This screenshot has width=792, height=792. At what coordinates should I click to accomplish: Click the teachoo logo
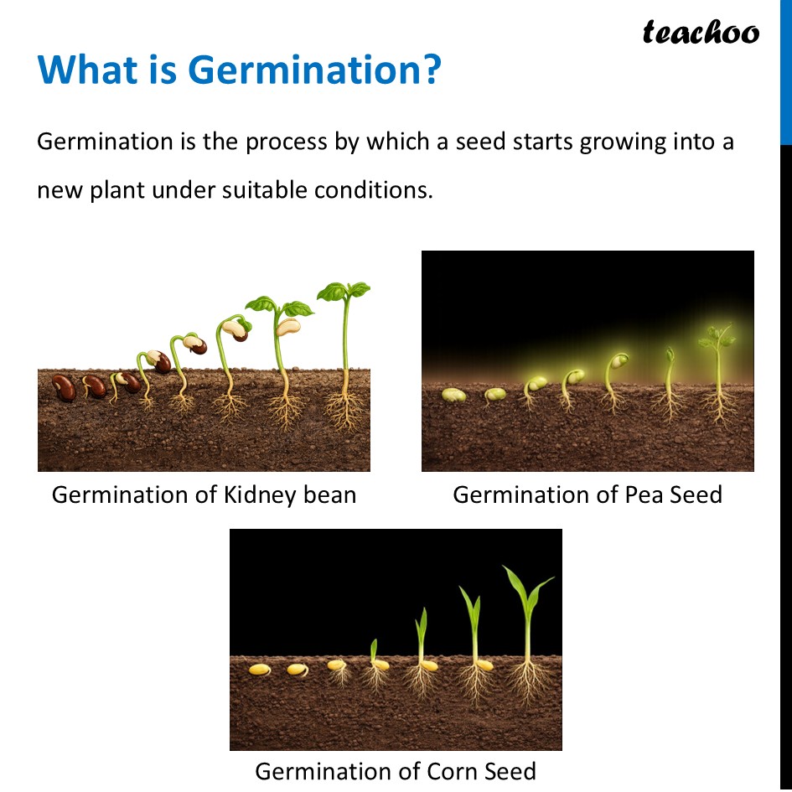click(x=701, y=33)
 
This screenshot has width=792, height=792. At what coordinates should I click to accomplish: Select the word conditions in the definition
click(x=373, y=190)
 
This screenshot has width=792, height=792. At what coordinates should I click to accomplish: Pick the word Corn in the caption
click(x=451, y=771)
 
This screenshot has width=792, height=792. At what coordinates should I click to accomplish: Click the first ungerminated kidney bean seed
click(x=64, y=388)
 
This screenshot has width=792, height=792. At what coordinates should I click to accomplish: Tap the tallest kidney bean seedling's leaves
click(x=344, y=291)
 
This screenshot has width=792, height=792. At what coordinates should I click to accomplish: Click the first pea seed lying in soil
click(x=453, y=395)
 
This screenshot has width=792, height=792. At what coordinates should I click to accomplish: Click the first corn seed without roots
click(x=260, y=670)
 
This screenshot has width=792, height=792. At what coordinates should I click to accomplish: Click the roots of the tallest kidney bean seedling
click(x=344, y=410)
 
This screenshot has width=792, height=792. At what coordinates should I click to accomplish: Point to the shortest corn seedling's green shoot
click(x=374, y=650)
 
